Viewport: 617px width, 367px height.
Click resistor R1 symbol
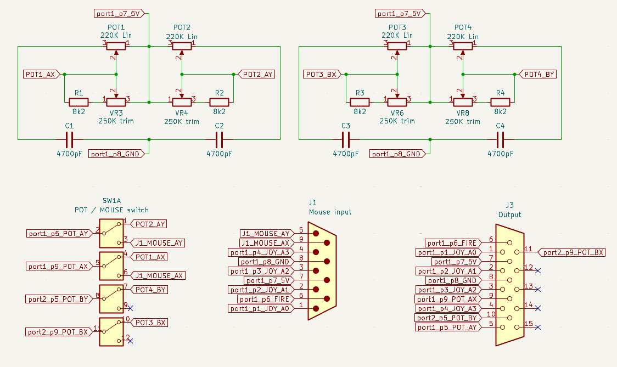click(x=78, y=102)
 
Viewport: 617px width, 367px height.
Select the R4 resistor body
click(x=500, y=102)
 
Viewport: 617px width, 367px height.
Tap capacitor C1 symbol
click(x=70, y=139)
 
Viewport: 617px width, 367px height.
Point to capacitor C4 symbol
click(x=500, y=139)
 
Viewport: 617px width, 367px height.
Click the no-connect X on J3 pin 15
click(x=538, y=327)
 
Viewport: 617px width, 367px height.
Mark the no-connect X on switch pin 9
click(x=130, y=308)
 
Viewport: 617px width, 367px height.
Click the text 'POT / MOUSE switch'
click(x=111, y=210)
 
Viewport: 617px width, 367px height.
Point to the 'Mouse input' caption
click(x=330, y=212)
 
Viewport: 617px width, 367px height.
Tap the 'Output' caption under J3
click(x=510, y=214)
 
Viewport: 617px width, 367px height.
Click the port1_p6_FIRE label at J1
click(x=265, y=299)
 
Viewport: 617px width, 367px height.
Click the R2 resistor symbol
click(x=219, y=102)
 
